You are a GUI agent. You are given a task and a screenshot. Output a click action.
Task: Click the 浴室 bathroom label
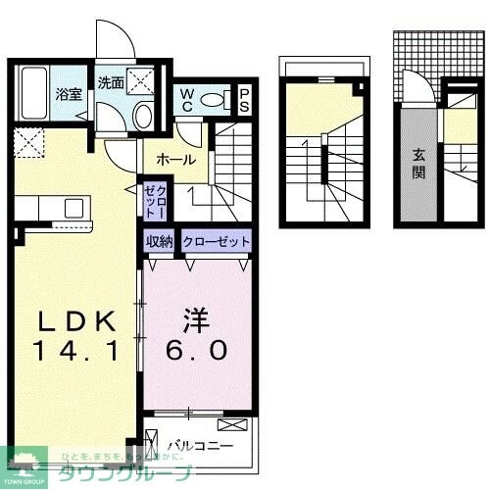coord(69,95)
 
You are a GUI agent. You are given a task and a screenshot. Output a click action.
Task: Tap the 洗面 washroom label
coord(111,83)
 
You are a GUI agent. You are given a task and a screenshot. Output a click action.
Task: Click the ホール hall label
coord(175,158)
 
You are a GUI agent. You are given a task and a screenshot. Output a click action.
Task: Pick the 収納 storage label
coord(160,241)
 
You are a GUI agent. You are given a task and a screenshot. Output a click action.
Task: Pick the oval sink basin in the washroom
coord(143,117)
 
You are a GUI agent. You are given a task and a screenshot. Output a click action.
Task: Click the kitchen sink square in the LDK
coord(73,208)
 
